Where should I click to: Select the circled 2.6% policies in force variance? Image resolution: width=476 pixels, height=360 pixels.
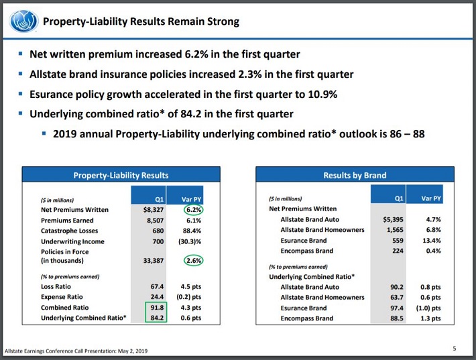pos(194,260)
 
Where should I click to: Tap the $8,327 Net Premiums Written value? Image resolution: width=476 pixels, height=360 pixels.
pos(151,209)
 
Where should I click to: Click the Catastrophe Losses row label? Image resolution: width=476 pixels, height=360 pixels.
pos(70,231)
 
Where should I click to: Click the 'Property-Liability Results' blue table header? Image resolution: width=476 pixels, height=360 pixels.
pos(120,175)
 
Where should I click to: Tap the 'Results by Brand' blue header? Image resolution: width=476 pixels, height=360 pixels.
pos(355,175)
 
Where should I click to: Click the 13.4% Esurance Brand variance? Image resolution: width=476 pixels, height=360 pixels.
pos(428,240)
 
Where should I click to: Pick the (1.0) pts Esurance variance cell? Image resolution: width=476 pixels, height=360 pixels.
pos(426,308)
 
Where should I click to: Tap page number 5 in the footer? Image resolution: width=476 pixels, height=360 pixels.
pos(454,347)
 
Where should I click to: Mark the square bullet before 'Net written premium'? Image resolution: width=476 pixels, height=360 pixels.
pos(21,54)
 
